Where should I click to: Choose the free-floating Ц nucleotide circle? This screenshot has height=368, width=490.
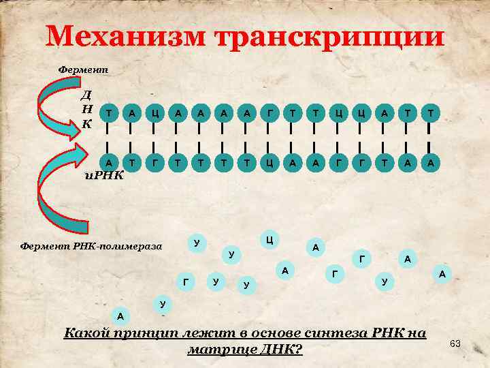(x=270, y=239)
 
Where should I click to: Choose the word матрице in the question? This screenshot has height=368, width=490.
(x=217, y=350)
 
